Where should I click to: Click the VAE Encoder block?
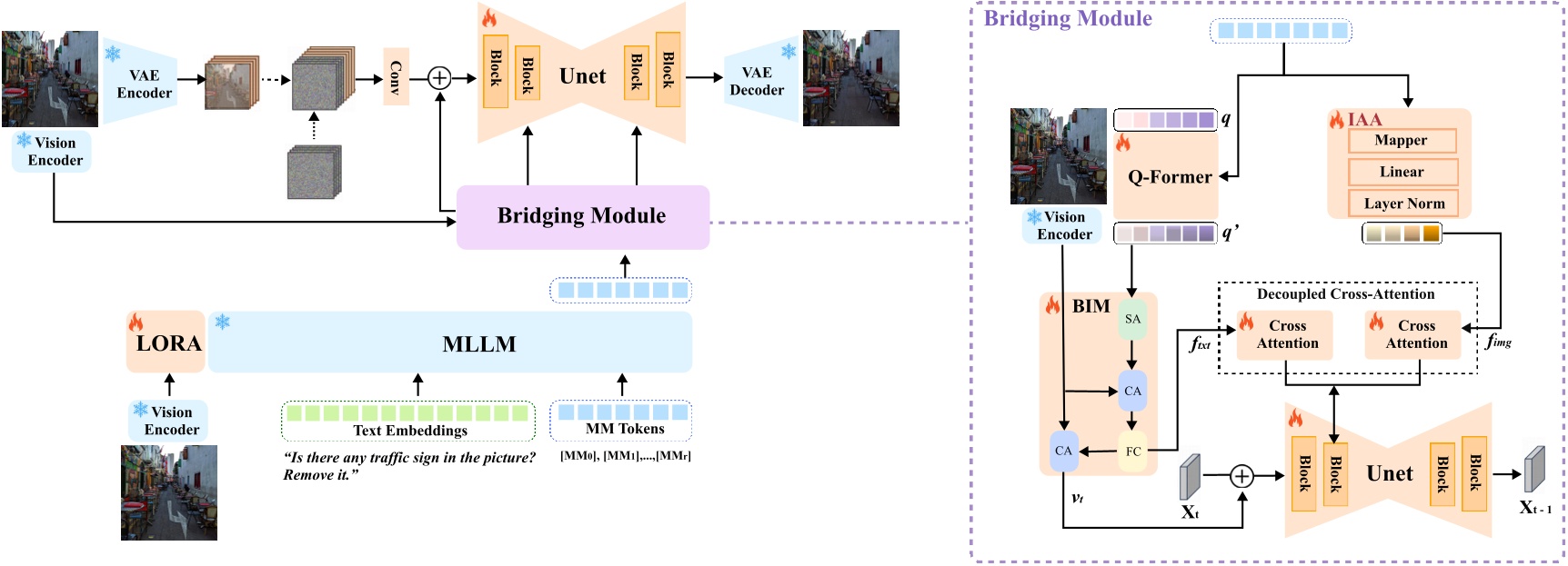(x=143, y=84)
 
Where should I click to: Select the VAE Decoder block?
(x=757, y=81)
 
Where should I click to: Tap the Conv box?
(x=396, y=77)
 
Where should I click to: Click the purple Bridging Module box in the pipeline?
(x=582, y=216)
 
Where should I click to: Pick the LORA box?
(x=166, y=343)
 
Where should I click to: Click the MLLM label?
(x=478, y=344)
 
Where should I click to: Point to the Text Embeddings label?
(x=410, y=431)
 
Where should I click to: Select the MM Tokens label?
(x=624, y=429)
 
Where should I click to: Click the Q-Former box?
(x=1169, y=177)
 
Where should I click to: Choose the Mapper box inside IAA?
(x=1402, y=140)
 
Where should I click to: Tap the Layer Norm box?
(x=1403, y=204)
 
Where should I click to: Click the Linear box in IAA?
(x=1402, y=172)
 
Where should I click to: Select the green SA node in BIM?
(x=1132, y=319)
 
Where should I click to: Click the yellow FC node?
(x=1133, y=452)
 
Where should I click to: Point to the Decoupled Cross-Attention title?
(x=1345, y=294)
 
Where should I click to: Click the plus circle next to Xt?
(x=1241, y=475)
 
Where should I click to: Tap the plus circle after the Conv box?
(x=439, y=78)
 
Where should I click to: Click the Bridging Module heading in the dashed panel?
(x=1068, y=19)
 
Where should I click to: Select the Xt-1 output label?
(x=1535, y=508)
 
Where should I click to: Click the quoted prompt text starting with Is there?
(x=408, y=466)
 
